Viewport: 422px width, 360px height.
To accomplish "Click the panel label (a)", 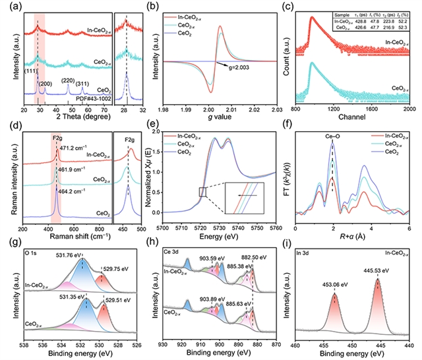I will pyautogui.click(x=12, y=7).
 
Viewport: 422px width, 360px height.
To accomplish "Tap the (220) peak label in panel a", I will pyautogui.click(x=68, y=80).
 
